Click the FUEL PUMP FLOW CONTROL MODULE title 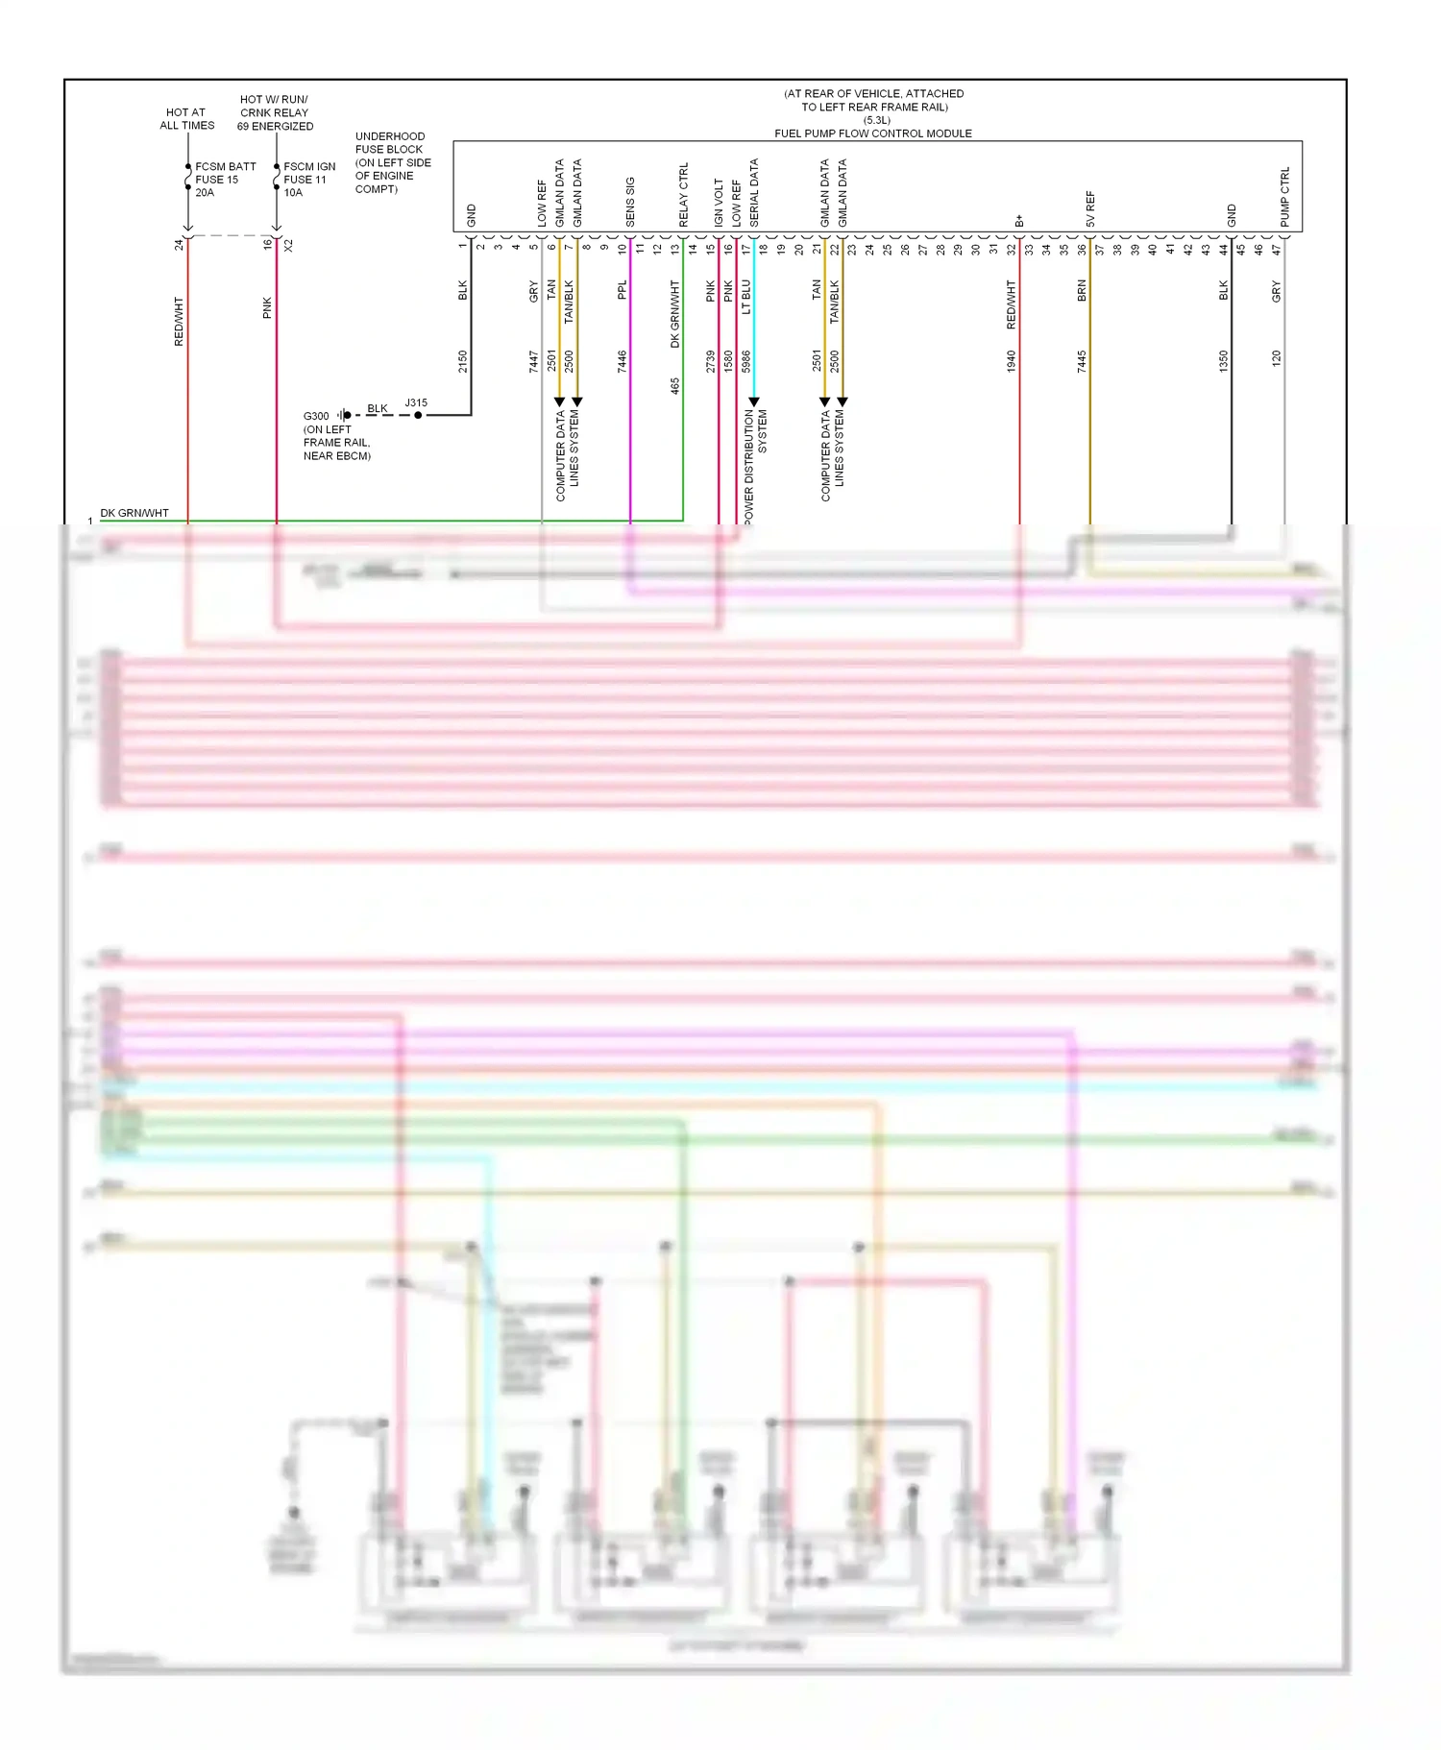[x=872, y=134]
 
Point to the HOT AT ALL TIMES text [x=186, y=119]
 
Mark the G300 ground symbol [x=344, y=415]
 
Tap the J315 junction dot [x=418, y=415]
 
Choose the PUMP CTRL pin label [x=1285, y=197]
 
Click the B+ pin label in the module [x=1019, y=221]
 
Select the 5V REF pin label [x=1090, y=208]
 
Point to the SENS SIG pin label [x=630, y=202]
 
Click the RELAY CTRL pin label [x=684, y=195]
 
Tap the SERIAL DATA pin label [x=754, y=193]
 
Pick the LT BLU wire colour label [x=746, y=297]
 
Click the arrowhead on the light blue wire [x=754, y=401]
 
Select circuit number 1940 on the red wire [x=1012, y=361]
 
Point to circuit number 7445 [x=1082, y=361]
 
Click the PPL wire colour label [x=623, y=290]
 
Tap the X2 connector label [x=288, y=246]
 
